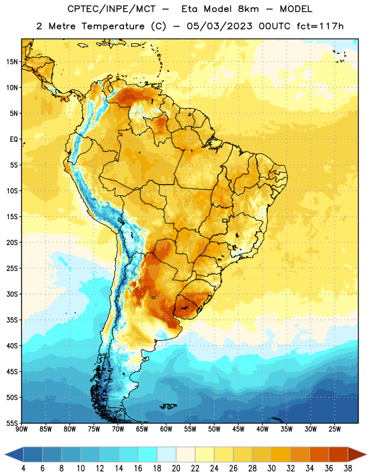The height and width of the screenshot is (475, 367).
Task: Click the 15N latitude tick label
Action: (x=12, y=62)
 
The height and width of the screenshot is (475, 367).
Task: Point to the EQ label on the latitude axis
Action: (x=14, y=140)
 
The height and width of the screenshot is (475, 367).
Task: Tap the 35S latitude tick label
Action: (x=12, y=320)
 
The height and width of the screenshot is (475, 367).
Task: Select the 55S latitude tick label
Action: (x=12, y=423)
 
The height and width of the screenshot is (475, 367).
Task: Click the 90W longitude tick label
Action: (x=21, y=429)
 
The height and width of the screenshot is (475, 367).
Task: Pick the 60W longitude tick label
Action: (x=166, y=429)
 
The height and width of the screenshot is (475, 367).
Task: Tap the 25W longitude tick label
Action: (x=334, y=429)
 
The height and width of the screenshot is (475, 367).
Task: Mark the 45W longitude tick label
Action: (x=238, y=429)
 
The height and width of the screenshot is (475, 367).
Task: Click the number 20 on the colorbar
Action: (x=176, y=468)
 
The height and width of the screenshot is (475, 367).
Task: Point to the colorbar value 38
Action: (x=348, y=468)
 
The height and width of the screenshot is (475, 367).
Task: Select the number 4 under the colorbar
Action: (x=23, y=468)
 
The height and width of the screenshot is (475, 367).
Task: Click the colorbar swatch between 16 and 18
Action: (x=147, y=454)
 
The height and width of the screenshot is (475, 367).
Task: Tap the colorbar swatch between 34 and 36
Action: (x=319, y=454)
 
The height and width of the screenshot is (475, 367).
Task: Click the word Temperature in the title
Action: (x=113, y=26)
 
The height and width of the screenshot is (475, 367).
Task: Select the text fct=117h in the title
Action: (x=320, y=26)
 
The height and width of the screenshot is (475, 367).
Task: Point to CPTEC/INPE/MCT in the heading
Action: (x=111, y=9)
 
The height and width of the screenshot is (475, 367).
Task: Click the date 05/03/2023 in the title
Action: (x=219, y=26)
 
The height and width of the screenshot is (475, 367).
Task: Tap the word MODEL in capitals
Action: (x=296, y=9)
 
